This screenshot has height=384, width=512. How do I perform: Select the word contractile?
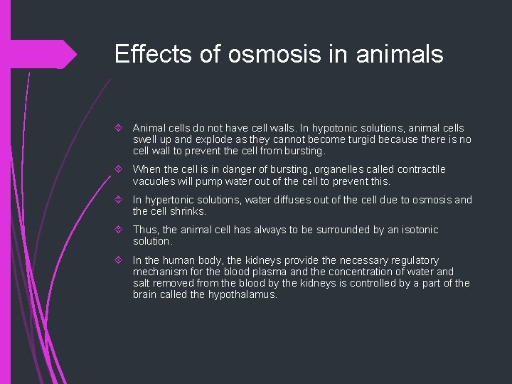(x=420, y=169)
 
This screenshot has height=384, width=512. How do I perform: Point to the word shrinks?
(x=187, y=211)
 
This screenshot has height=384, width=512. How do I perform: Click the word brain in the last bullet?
(x=146, y=294)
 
